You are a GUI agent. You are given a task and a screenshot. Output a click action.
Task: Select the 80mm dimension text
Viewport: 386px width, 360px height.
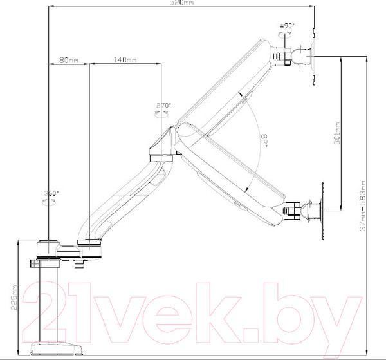pos(68,60)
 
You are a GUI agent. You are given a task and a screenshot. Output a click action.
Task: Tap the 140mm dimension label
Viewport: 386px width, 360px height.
pos(125,60)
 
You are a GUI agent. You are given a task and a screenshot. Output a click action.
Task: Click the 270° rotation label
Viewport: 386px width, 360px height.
pos(163,106)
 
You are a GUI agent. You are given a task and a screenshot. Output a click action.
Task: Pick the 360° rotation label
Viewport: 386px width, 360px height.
pos(52,193)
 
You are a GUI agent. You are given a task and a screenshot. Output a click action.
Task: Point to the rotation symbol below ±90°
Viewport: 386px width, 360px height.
pos(283,35)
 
